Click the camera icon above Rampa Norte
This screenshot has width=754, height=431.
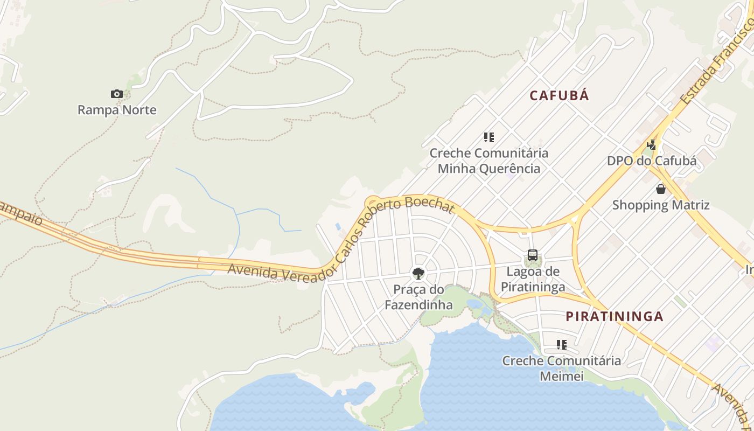(117, 94)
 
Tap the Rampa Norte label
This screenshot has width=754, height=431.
(117, 110)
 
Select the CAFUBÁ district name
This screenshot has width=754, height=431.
(559, 95)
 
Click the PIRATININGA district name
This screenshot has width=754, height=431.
(615, 316)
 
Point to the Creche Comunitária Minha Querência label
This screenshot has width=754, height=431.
(488, 161)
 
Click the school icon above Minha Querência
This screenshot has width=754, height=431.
(488, 137)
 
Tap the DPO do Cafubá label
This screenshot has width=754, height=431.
(651, 161)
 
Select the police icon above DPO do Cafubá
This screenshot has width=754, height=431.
(652, 144)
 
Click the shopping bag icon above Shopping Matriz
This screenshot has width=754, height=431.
(660, 189)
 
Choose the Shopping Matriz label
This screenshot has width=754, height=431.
(660, 205)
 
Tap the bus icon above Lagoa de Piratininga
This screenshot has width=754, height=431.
(533, 255)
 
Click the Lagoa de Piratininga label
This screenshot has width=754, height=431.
(533, 279)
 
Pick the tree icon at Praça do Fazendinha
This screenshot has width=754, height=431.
(418, 274)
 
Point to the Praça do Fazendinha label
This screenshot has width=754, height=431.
(418, 297)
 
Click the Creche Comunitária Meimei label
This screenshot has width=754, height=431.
(561, 368)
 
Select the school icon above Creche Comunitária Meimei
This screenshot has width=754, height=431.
(561, 345)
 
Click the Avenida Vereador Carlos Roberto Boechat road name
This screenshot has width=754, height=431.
(345, 242)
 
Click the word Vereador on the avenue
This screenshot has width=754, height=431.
(302, 274)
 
